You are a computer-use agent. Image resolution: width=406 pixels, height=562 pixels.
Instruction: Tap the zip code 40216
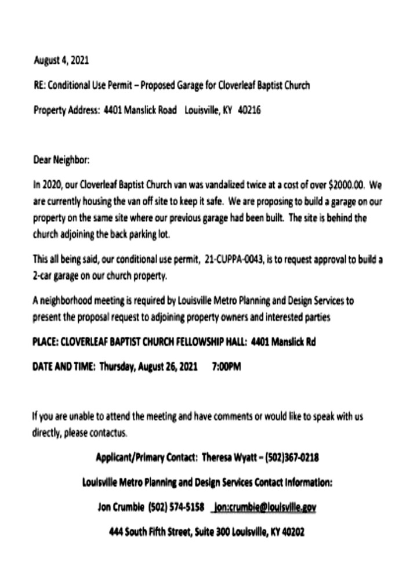click(x=249, y=110)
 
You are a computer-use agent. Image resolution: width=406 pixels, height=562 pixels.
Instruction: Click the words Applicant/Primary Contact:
click(x=146, y=457)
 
